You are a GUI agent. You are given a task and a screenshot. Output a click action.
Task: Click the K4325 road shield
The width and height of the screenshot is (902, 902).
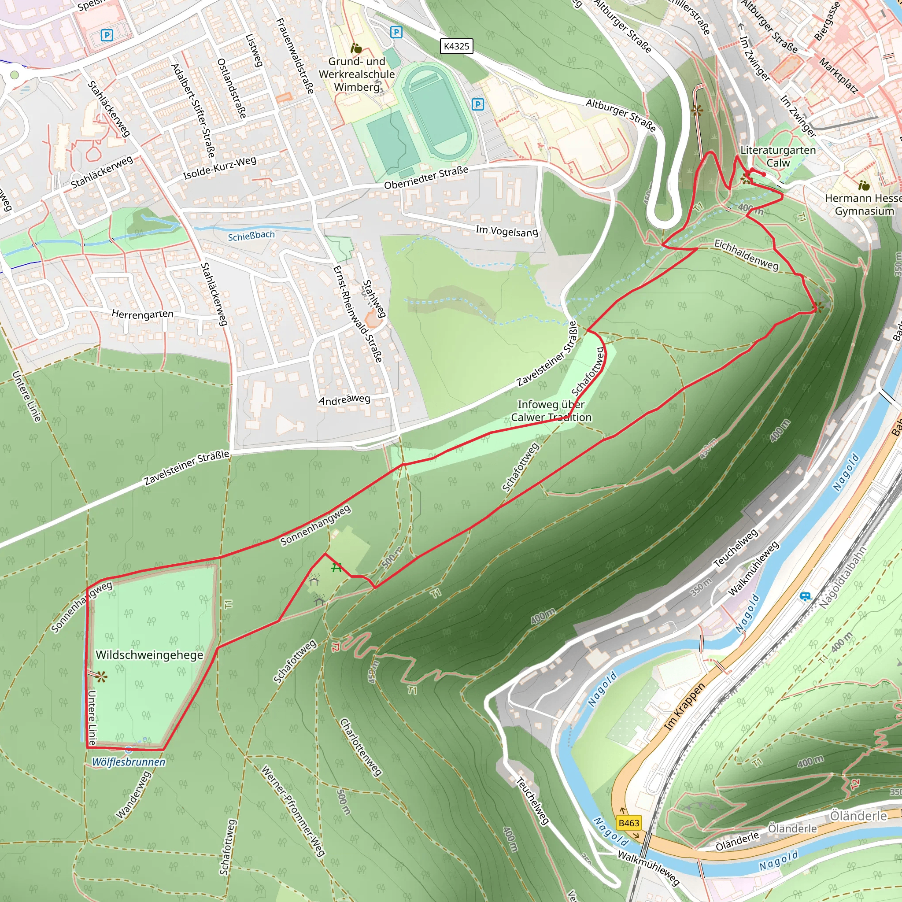coord(456,46)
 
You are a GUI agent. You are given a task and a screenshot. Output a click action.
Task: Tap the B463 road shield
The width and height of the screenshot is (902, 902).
coord(628,823)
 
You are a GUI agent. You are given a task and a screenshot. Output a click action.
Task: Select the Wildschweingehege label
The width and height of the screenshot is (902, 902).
coord(149,654)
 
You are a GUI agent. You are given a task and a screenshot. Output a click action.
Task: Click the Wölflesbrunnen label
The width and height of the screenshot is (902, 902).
coord(129,762)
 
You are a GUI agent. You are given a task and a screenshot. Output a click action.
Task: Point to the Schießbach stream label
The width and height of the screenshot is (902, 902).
coord(251,236)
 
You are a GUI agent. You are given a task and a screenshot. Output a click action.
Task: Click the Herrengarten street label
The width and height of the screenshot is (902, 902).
coord(142,314)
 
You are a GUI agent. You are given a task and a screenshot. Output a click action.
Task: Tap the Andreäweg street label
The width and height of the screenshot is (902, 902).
coord(344,399)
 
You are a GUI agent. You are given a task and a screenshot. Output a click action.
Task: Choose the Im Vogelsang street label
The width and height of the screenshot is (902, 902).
coord(506,230)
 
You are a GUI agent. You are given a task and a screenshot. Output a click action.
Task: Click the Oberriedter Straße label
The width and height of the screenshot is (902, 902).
coord(426,178)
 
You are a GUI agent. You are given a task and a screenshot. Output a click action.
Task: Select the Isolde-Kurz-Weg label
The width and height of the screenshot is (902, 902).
coord(219,168)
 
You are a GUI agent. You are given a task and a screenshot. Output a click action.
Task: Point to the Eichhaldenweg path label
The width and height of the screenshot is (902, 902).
coord(746,255)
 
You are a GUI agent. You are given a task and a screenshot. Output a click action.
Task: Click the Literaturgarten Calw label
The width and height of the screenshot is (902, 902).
coord(778,156)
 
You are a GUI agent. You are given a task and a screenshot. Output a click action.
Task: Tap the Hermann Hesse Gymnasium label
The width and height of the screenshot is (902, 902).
coord(863,204)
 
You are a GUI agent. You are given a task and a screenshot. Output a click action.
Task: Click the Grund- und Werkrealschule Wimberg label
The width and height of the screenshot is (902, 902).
coord(357,74)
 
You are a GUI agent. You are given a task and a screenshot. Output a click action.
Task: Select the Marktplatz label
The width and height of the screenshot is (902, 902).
coord(839,76)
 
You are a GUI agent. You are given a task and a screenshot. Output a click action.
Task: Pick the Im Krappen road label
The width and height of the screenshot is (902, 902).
coord(684,707)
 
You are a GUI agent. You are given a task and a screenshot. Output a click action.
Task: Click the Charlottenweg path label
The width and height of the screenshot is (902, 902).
coord(360,747)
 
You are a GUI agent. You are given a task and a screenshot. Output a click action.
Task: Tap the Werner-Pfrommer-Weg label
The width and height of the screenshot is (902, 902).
coord(293,810)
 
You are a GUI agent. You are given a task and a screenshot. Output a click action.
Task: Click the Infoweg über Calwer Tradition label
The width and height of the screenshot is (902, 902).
coord(551,411)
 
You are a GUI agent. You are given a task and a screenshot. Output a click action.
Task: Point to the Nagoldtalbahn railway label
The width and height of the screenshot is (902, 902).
coord(843,577)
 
